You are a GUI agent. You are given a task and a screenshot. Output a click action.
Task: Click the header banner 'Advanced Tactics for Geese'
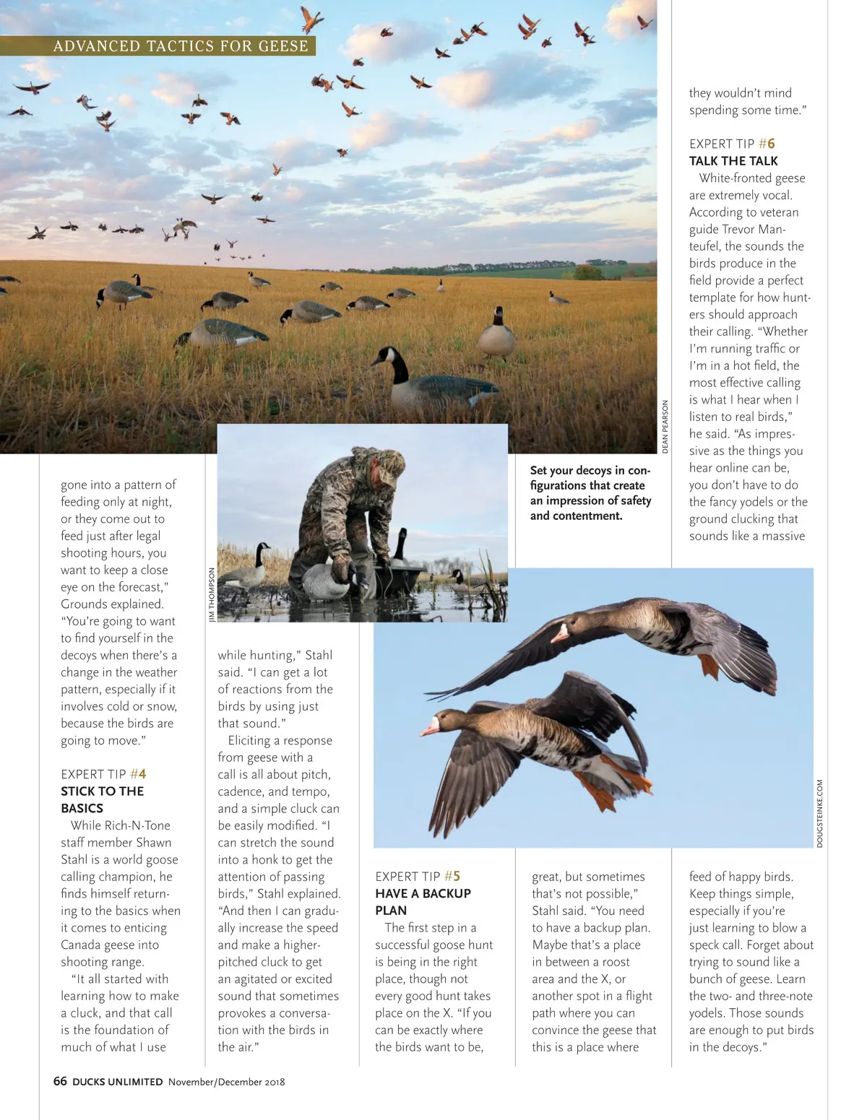coord(181,46)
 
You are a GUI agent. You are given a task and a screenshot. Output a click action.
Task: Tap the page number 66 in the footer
coord(60,1081)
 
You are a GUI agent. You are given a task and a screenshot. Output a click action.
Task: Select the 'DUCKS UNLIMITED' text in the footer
coord(118,1082)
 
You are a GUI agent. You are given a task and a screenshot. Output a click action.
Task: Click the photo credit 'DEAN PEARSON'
coord(665,427)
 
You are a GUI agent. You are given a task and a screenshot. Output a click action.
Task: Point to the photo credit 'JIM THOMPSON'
coord(212,594)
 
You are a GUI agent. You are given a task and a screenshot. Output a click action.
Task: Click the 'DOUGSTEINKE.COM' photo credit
coord(820,813)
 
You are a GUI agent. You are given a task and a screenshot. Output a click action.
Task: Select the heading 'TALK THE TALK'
coord(733,161)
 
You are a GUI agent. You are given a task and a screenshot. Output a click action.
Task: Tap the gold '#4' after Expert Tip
coord(138,774)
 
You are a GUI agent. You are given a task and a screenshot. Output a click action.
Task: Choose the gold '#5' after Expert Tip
coord(452,877)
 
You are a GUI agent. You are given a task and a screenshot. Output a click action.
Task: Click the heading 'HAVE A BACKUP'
coord(423,893)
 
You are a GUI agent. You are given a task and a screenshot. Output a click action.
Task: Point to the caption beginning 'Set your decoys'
coord(590,492)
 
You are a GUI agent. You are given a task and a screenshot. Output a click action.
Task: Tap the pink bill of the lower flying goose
coord(430,726)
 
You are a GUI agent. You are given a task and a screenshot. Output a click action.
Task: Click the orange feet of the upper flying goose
coord(709,666)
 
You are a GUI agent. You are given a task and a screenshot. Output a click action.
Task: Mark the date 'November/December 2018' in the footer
coord(227,1082)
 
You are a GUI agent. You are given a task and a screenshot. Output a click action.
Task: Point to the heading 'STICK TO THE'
coord(102,791)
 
